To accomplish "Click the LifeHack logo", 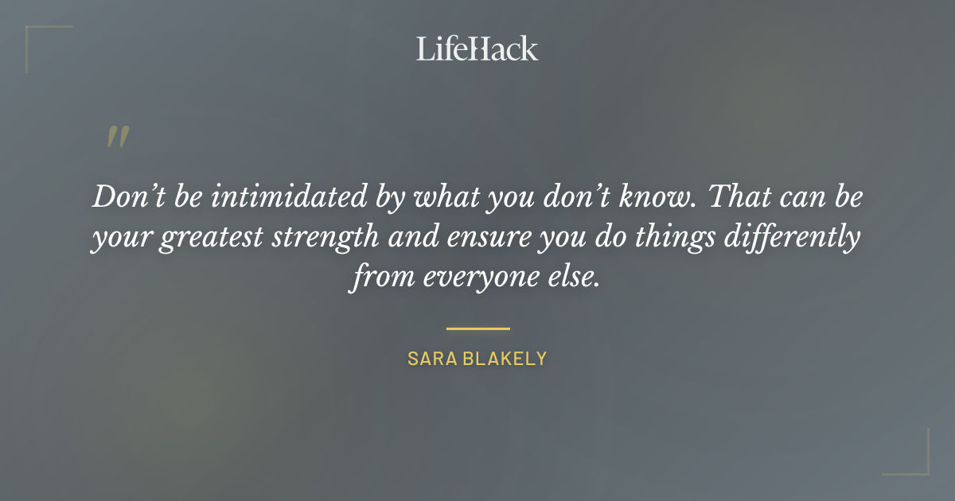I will (x=477, y=49).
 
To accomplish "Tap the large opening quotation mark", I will (x=117, y=138).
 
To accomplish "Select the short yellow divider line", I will (x=477, y=328).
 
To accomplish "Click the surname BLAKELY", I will (x=505, y=359).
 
